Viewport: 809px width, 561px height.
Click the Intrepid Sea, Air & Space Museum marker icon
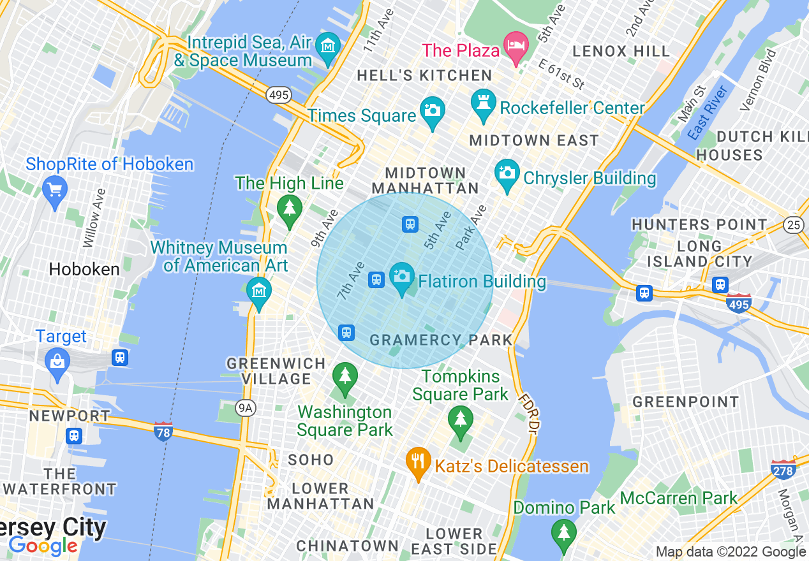click(329, 47)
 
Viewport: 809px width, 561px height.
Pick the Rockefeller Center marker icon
click(483, 103)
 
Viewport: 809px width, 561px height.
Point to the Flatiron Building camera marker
click(401, 277)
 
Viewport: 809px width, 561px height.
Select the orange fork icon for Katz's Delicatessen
click(418, 462)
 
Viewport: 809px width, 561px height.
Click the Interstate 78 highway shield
click(163, 432)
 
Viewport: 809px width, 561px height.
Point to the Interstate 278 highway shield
click(783, 470)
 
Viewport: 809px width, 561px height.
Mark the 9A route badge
click(246, 407)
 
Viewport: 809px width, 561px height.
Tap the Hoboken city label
click(84, 269)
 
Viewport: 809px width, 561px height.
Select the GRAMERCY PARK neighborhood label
click(441, 340)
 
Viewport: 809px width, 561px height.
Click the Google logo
click(43, 546)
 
